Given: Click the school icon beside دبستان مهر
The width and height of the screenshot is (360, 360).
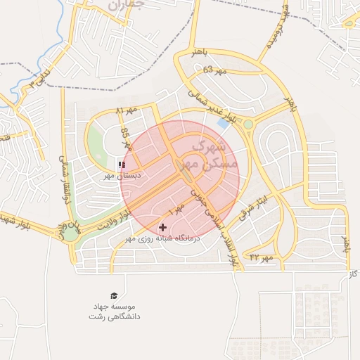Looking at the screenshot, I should pos(122,165).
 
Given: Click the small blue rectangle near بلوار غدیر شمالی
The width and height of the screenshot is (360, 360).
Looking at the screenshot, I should pos(223,123).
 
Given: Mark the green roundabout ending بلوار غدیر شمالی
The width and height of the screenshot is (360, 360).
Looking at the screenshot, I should pos(247,124).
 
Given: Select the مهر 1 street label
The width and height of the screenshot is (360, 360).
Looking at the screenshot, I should pos(176,207).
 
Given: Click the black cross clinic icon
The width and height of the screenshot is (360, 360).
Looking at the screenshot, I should pos(163,227).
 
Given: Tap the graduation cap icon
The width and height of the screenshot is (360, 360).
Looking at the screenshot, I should pos(113,295).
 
